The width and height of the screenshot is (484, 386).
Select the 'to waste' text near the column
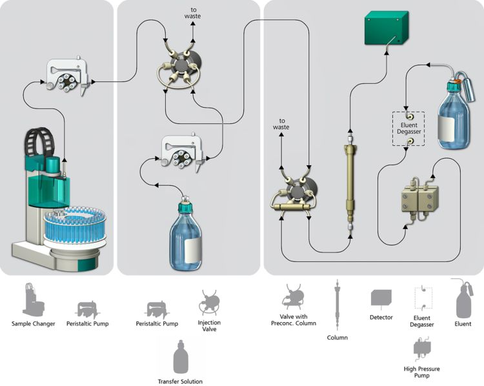[281, 124]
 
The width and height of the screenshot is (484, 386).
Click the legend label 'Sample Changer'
[33, 323]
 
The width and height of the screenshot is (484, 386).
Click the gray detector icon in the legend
[381, 298]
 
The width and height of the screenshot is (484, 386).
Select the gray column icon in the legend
[337, 303]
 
